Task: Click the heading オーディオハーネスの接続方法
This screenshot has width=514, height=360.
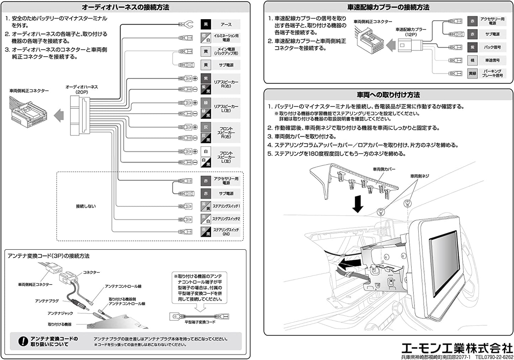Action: pyautogui.click(x=125, y=7)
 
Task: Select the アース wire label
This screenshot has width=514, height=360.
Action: pyautogui.click(x=226, y=25)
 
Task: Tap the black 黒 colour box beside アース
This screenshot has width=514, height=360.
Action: pyautogui.click(x=206, y=25)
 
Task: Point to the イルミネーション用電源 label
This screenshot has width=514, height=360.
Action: pyautogui.click(x=226, y=38)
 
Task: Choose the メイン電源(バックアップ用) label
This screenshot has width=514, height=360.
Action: pyautogui.click(x=226, y=51)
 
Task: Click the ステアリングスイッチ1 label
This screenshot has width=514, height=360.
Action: pyautogui.click(x=226, y=206)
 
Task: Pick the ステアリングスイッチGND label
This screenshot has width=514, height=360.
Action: pyautogui.click(x=226, y=232)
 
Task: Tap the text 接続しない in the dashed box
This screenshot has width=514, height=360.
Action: pyautogui.click(x=86, y=206)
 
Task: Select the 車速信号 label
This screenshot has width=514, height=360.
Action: pyautogui.click(x=492, y=60)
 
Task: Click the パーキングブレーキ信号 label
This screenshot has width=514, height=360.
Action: pyautogui.click(x=492, y=73)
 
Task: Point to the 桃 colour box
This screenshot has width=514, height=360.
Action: pyautogui.click(x=472, y=60)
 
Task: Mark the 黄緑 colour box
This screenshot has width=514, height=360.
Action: pyautogui.click(x=472, y=74)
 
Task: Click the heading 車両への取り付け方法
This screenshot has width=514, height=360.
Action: pyautogui.click(x=388, y=95)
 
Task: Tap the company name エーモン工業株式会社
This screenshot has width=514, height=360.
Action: pyautogui.click(x=457, y=348)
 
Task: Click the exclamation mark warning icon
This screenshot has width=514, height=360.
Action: pyautogui.click(x=23, y=342)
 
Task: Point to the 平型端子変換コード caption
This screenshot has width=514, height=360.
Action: pyautogui.click(x=200, y=322)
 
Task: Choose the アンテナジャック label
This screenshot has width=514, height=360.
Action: pyautogui.click(x=60, y=313)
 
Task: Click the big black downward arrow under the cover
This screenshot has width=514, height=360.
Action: pyautogui.click(x=357, y=205)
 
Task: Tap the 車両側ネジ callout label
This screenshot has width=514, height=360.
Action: pyautogui.click(x=420, y=176)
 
